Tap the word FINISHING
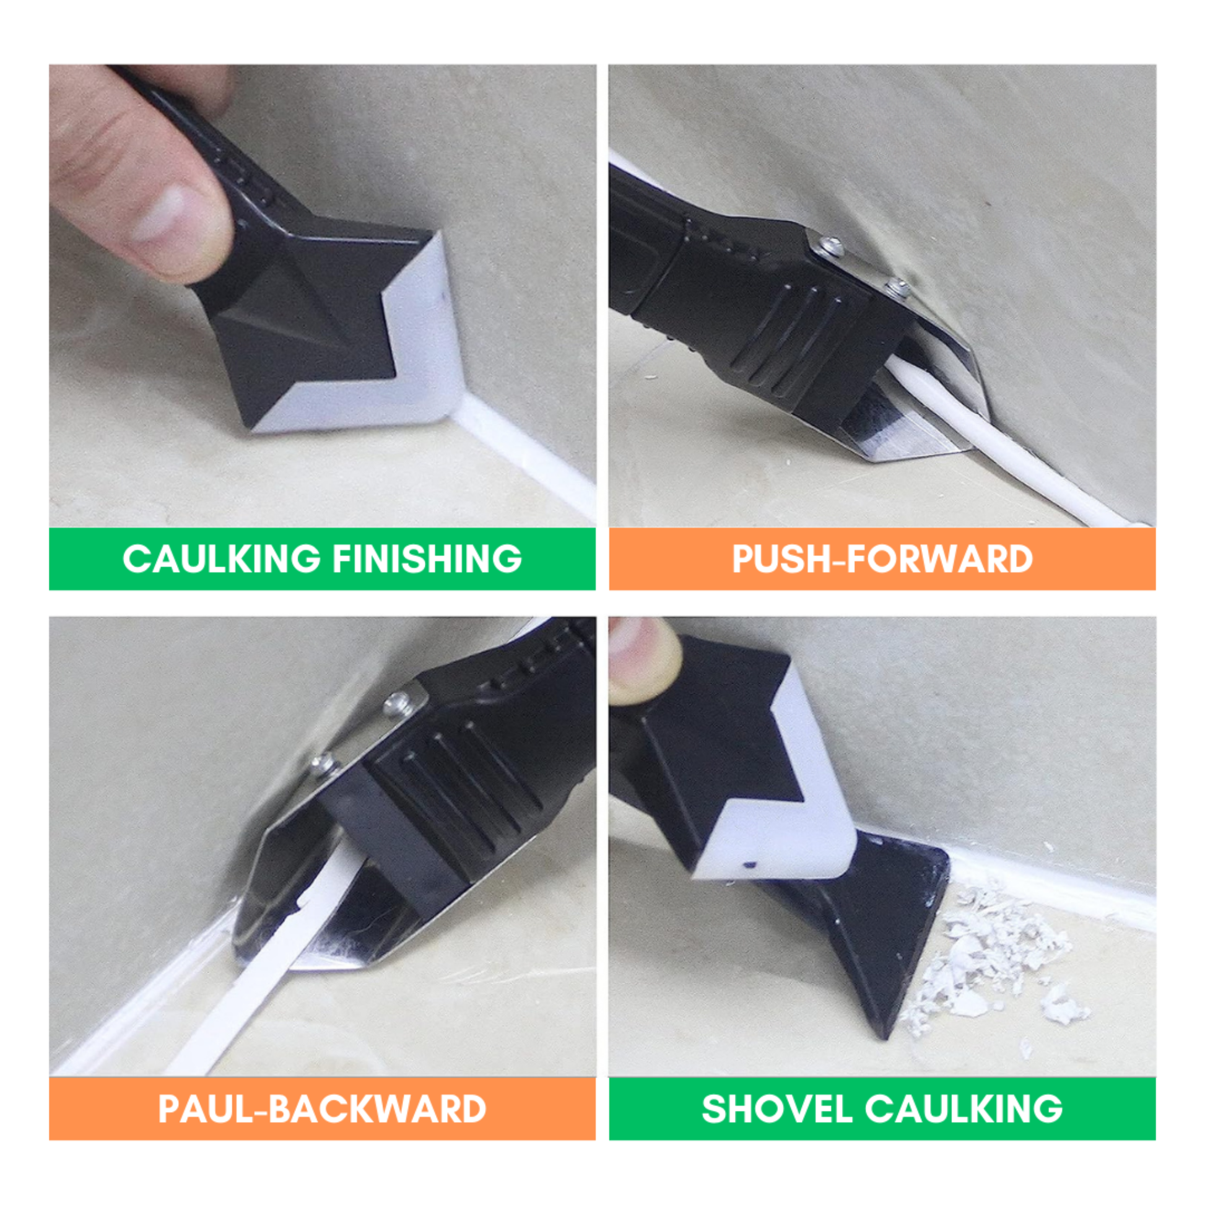(x=427, y=558)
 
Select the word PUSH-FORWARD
(x=882, y=558)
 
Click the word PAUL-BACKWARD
(x=322, y=1108)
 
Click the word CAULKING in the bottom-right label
(x=964, y=1108)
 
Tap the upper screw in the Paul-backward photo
(x=398, y=704)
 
